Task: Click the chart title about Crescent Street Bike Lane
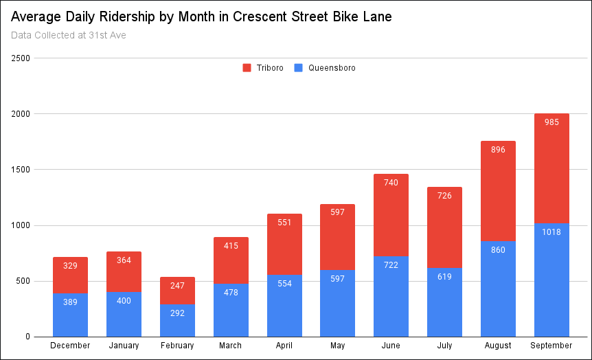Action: click(x=201, y=17)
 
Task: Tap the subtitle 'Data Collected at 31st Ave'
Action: click(x=69, y=35)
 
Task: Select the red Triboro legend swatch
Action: click(x=247, y=68)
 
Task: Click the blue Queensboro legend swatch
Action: click(x=298, y=68)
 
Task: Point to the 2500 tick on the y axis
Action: click(x=20, y=58)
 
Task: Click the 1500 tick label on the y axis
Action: click(x=20, y=170)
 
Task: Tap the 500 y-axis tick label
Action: click(x=23, y=281)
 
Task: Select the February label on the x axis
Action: click(x=177, y=346)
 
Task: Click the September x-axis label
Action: click(x=551, y=346)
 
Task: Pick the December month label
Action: click(x=70, y=346)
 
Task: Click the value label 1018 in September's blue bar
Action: click(x=551, y=232)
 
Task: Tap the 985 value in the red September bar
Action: click(x=551, y=122)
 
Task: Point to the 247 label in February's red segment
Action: click(x=177, y=286)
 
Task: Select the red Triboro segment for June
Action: click(x=391, y=215)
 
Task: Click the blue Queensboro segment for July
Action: click(x=444, y=302)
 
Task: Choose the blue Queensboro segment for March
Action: click(x=231, y=310)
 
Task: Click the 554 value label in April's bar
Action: click(x=284, y=284)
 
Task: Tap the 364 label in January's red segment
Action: click(x=124, y=260)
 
